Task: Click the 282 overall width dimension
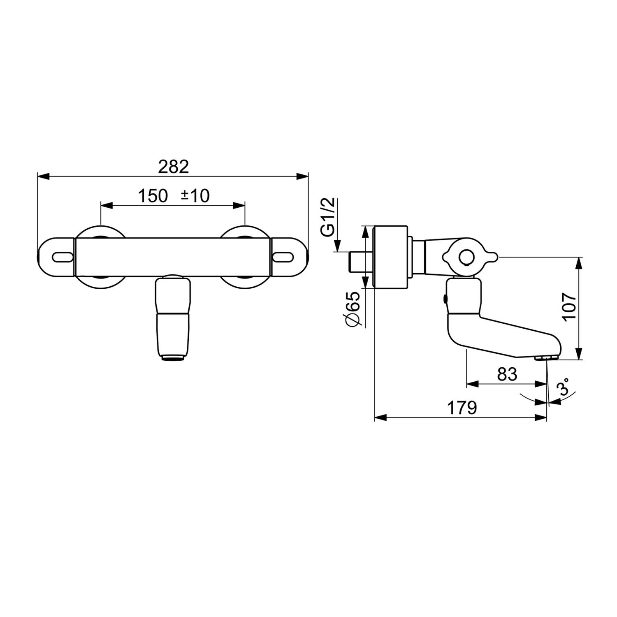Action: point(173,167)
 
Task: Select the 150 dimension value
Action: point(153,196)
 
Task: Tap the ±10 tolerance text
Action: point(196,196)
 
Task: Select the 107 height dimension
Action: point(568,307)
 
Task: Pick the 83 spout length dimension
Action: point(507,374)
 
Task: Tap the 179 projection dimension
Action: point(462,408)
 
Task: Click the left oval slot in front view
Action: point(63,257)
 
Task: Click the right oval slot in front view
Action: point(283,257)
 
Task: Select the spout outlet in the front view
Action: point(173,358)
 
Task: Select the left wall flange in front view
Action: point(100,257)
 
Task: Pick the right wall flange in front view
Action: point(245,257)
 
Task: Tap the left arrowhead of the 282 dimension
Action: point(43,176)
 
